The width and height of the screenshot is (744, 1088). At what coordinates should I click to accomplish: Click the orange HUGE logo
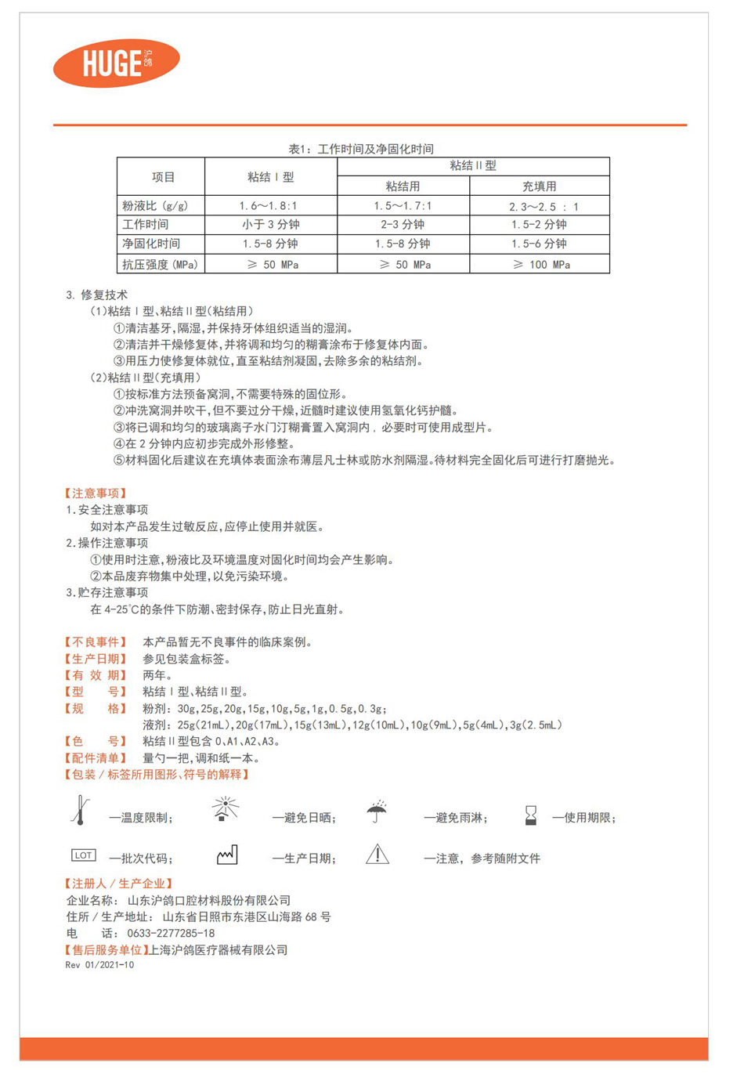pos(116,63)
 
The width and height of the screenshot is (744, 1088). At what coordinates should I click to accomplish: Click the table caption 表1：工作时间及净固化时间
pos(361,149)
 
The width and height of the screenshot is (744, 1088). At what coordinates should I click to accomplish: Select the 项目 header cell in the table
pos(163,177)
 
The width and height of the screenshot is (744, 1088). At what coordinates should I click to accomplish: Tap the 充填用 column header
pos(539,186)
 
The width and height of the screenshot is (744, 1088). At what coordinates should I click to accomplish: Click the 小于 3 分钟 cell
pos(270,225)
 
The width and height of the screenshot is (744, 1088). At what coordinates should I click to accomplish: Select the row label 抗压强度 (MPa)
pos(161,265)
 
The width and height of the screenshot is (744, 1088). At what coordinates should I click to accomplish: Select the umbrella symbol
pos(377,811)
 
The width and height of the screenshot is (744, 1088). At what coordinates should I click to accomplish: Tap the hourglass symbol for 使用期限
pos(531,815)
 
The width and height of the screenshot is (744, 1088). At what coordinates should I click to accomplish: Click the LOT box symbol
pos(83,855)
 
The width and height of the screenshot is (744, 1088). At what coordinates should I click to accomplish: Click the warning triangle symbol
pos(377,855)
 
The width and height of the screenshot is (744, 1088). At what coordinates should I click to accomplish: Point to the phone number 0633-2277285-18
pos(171,934)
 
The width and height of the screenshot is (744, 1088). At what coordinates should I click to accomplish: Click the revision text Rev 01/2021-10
pos(99,965)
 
